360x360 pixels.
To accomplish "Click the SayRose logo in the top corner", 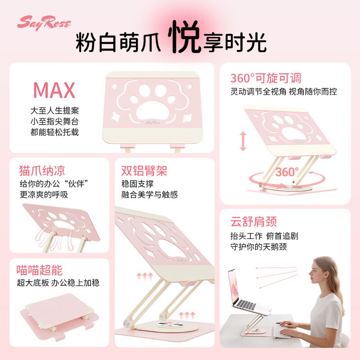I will coord(44,22).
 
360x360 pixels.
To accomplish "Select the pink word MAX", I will coord(54,90).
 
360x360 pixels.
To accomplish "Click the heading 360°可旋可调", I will coord(265,78).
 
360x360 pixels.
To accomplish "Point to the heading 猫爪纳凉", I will coord(42,171).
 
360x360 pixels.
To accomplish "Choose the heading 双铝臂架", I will coord(144,171).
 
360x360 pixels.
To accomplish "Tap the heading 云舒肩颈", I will coord(253,221).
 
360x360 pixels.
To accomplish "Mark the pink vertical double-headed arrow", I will coord(243,141).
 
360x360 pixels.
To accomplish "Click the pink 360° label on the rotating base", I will coord(287,172).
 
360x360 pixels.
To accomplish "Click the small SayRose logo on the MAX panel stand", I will coord(154,121).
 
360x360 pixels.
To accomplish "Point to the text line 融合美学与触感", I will coord(149,194).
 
